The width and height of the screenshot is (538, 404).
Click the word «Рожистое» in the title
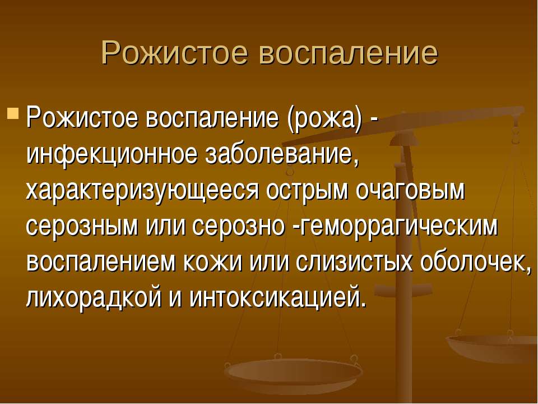(174, 53)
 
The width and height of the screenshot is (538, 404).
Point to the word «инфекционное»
(112, 154)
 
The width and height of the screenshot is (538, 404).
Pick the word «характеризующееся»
(143, 190)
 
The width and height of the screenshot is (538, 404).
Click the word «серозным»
(82, 227)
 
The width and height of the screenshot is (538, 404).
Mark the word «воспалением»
(101, 262)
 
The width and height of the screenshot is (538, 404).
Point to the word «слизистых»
(353, 262)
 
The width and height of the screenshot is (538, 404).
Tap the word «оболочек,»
(475, 262)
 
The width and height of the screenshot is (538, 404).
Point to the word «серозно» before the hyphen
(239, 227)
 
